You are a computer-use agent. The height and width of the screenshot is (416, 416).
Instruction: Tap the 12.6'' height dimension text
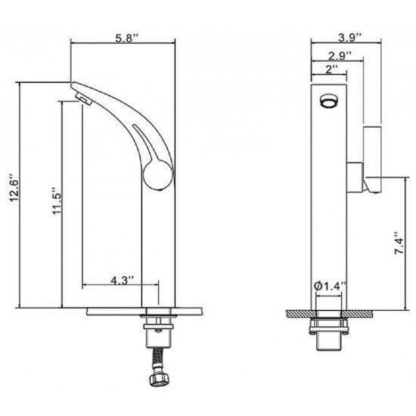coord(14,188)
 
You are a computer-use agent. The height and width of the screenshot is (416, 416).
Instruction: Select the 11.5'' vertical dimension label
coord(56,201)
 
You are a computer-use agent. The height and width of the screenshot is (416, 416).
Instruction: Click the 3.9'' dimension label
coord(350,38)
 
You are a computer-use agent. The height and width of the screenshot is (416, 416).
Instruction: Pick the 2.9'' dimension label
coord(340,56)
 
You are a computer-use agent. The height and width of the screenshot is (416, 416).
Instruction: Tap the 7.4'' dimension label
coord(399,244)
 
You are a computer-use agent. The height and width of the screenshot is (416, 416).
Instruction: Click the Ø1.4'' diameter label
coord(329,286)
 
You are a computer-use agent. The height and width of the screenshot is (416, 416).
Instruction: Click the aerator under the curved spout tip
coord(83,98)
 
